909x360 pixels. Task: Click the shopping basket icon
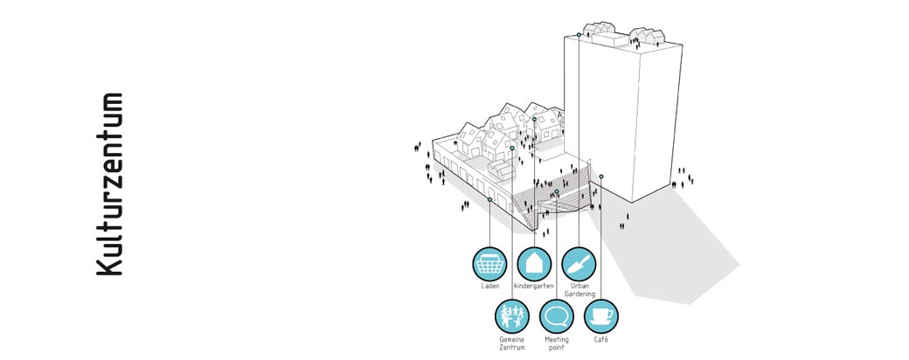(489, 264)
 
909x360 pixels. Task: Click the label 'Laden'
(489, 287)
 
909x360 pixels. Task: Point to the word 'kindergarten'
(534, 287)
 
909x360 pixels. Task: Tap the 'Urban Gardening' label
(580, 290)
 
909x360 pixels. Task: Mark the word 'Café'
(601, 338)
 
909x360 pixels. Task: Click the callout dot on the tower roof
(579, 34)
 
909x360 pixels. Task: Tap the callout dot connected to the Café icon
(601, 177)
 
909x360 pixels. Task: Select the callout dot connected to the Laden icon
(489, 199)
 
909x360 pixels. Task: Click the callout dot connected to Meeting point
(557, 191)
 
